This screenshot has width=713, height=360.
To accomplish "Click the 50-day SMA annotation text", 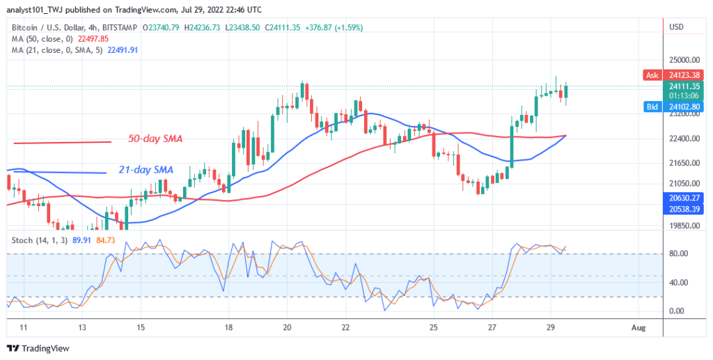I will pyautogui.click(x=155, y=139).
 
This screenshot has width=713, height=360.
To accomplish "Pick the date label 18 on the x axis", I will pyautogui.click(x=228, y=327).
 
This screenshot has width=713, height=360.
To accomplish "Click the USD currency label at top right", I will pyautogui.click(x=675, y=27).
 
